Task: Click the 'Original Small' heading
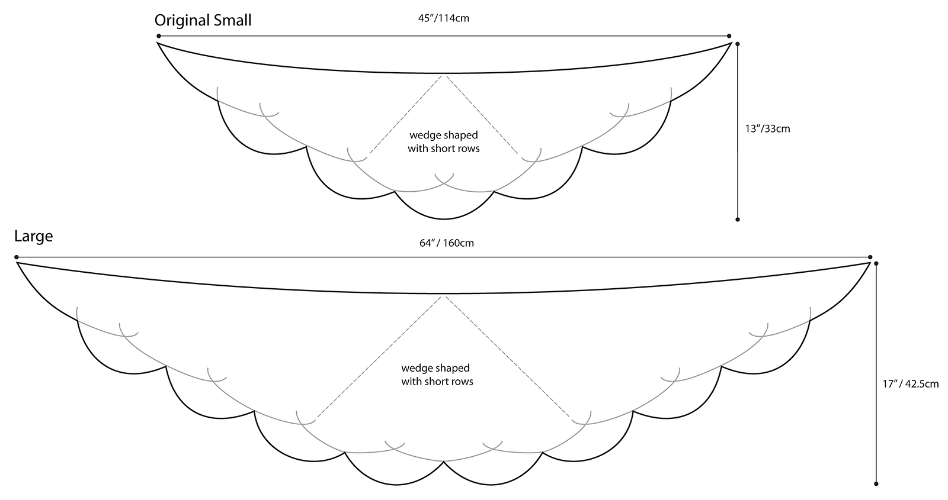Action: click(x=203, y=20)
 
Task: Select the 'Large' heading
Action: click(x=34, y=236)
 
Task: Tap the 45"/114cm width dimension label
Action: click(x=444, y=18)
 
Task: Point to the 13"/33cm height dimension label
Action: click(x=767, y=128)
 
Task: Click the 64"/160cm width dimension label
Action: click(x=446, y=243)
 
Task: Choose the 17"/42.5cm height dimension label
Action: click(x=911, y=383)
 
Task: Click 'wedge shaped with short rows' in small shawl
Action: click(x=443, y=142)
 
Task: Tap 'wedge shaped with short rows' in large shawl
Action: click(x=437, y=375)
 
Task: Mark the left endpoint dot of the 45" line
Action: click(x=159, y=36)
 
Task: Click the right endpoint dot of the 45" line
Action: click(x=729, y=36)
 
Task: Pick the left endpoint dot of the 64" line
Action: click(x=17, y=257)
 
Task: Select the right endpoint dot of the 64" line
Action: click(x=870, y=257)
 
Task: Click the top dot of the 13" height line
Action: click(x=737, y=44)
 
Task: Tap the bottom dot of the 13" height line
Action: click(x=738, y=220)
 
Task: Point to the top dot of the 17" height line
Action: click(x=876, y=263)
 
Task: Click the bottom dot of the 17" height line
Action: click(x=876, y=483)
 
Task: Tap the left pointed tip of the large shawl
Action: click(x=17, y=263)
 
